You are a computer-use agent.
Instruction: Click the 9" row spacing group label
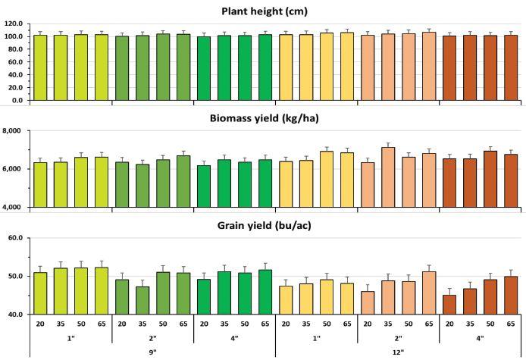click(152, 351)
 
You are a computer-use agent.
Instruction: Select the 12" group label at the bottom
click(397, 351)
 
